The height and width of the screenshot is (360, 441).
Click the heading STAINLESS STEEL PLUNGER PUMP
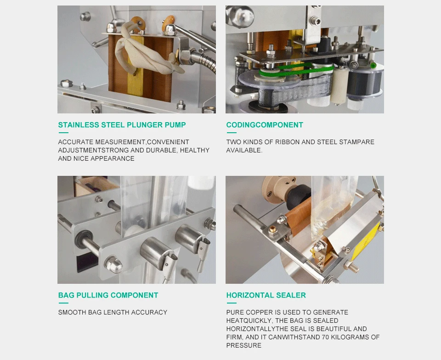(x=122, y=125)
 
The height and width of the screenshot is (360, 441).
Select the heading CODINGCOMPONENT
(x=265, y=125)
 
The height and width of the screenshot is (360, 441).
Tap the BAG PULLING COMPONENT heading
(x=108, y=295)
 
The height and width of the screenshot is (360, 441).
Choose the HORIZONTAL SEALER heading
(x=266, y=295)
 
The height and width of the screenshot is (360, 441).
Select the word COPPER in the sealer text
(x=258, y=312)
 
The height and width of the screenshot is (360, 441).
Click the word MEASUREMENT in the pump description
(x=119, y=142)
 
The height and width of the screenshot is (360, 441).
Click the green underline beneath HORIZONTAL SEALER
(x=231, y=303)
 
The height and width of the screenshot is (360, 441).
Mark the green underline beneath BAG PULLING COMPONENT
(x=63, y=303)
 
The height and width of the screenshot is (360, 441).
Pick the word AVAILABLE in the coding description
(x=244, y=150)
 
